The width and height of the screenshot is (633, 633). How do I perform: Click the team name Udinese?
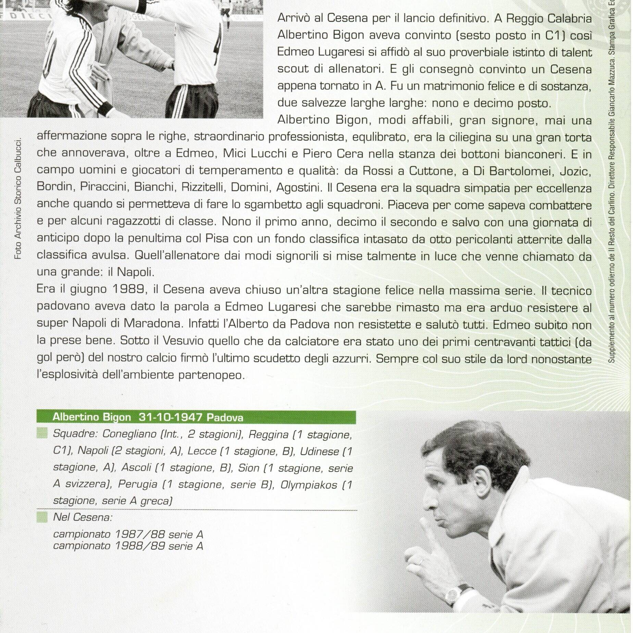(x=319, y=451)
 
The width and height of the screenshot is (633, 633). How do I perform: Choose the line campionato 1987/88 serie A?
(x=128, y=534)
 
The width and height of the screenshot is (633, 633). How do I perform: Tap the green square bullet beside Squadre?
(x=42, y=434)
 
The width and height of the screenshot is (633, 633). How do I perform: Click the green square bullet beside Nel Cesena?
(x=42, y=517)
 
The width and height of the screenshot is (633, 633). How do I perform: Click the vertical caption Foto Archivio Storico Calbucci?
(x=18, y=198)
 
